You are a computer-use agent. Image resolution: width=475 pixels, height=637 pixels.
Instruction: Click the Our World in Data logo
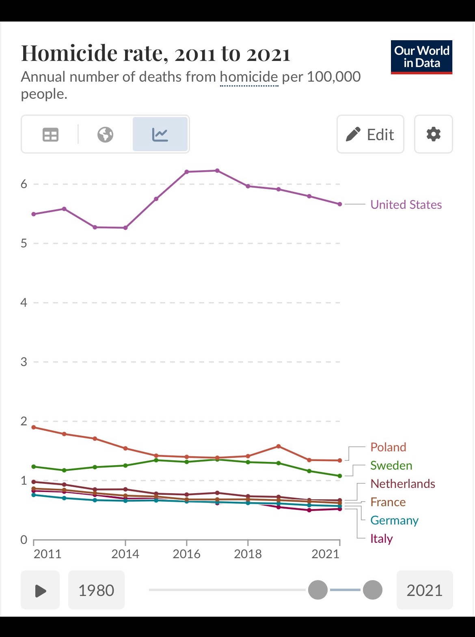[421, 57]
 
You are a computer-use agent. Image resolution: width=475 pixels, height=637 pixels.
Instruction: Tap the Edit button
[370, 134]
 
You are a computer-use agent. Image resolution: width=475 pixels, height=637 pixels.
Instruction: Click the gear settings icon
[433, 134]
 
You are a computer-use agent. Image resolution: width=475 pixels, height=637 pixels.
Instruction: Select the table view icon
[51, 134]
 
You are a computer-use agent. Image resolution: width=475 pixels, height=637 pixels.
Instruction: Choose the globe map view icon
[105, 134]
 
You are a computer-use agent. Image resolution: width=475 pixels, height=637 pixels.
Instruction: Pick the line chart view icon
[160, 134]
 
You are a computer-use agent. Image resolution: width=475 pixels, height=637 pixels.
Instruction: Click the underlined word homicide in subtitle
[249, 77]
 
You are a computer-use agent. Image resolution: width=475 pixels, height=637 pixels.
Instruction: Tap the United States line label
[406, 204]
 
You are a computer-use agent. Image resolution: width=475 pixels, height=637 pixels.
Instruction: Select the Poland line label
[388, 447]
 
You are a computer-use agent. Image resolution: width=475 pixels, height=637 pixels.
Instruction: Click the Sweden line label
[391, 465]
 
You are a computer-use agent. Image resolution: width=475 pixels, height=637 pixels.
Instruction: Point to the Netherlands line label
[403, 483]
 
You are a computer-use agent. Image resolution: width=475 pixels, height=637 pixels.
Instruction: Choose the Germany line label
[394, 520]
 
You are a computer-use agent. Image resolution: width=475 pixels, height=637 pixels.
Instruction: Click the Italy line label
[381, 538]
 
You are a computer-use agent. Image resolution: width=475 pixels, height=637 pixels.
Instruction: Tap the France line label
[388, 502]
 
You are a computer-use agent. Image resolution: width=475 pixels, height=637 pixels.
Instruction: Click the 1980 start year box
[96, 590]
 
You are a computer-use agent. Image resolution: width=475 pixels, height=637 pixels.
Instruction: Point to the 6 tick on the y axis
[24, 184]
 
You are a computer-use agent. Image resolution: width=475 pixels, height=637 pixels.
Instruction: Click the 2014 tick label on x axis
[125, 554]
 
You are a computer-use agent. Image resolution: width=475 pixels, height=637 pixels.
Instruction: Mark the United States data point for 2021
[340, 204]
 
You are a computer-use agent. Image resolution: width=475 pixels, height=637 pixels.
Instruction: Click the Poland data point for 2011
[34, 427]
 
